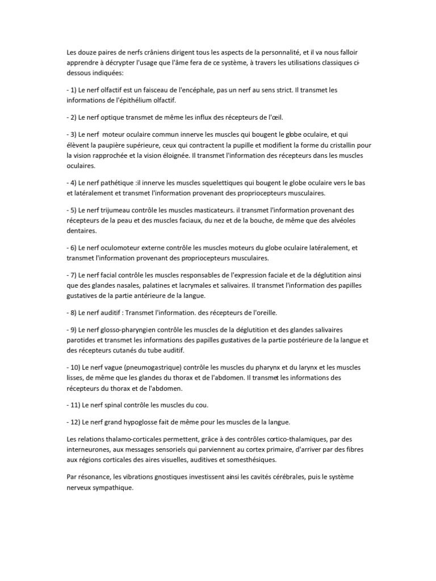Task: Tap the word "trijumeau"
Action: click(119, 210)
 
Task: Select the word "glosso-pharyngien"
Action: click(135, 330)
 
